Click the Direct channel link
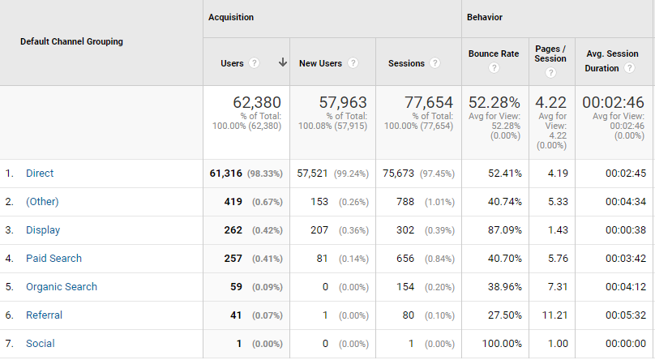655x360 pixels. point(40,174)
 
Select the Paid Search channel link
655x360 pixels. point(54,259)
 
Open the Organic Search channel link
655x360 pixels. point(61,287)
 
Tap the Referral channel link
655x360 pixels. point(44,315)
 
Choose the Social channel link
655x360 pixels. point(41,344)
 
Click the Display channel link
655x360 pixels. point(43,230)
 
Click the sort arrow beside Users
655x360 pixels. point(282,62)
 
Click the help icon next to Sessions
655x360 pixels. point(435,63)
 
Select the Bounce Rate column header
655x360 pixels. point(493,54)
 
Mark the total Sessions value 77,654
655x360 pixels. point(426,103)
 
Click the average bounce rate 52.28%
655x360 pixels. point(494,103)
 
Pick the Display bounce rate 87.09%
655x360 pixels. point(503,230)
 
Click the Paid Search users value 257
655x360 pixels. point(233,259)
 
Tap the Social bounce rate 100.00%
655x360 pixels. point(500,344)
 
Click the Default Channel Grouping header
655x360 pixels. point(71,42)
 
